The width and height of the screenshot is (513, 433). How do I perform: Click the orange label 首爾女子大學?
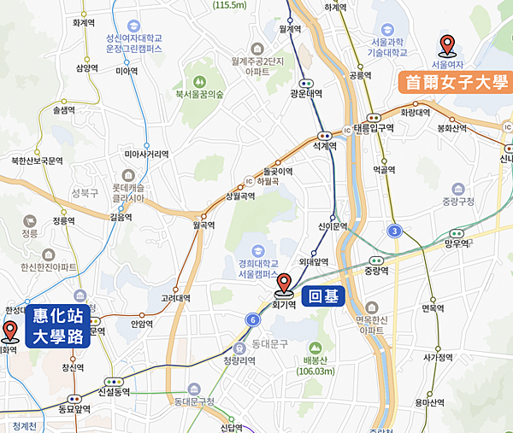[x=454, y=82]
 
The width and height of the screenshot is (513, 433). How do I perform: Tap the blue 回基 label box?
[x=323, y=297]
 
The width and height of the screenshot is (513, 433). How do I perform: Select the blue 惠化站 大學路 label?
[x=58, y=326]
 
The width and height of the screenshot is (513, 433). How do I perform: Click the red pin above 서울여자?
[x=446, y=44]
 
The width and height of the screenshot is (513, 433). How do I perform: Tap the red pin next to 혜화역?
[x=10, y=331]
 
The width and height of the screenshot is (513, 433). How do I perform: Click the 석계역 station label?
[x=325, y=146]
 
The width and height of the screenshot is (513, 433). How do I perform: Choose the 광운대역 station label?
[x=304, y=94]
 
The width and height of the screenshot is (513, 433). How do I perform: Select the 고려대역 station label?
[x=176, y=298]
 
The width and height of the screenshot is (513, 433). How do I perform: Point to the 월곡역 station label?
[x=203, y=225]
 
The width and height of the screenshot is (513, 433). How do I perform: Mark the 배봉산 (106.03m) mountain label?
[x=315, y=365]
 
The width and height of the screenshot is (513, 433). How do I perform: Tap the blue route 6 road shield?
[x=253, y=319]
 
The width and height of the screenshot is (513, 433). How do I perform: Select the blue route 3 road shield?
[x=394, y=231]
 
